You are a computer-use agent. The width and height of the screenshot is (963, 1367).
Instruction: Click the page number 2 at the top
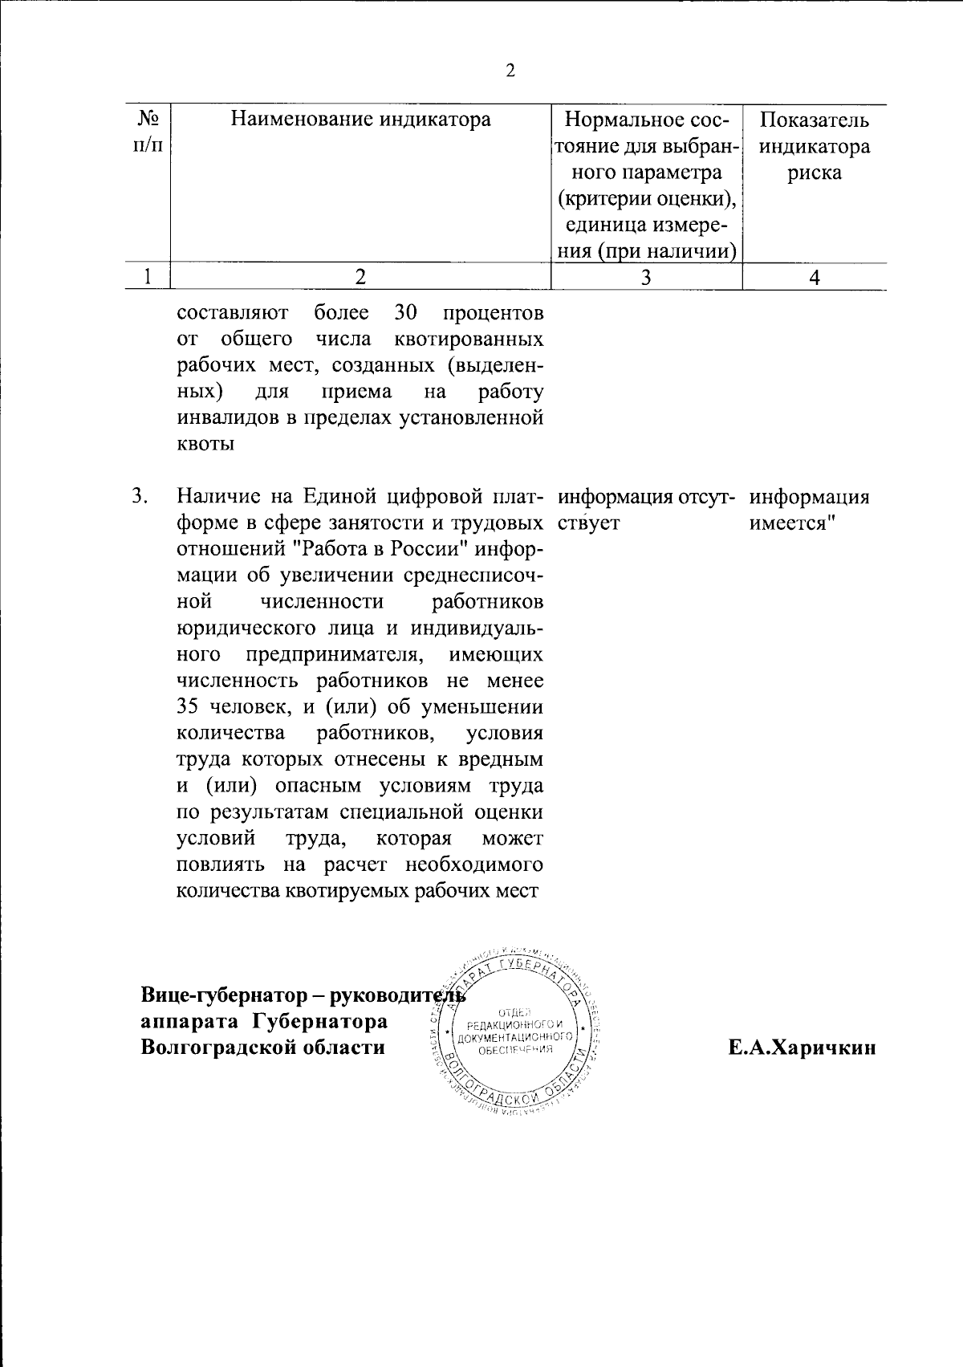point(510,71)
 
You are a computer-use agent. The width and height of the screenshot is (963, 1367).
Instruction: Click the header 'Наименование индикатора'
point(360,120)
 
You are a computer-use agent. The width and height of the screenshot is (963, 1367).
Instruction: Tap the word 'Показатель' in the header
point(815,120)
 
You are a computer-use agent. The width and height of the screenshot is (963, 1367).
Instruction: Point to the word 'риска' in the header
point(814,173)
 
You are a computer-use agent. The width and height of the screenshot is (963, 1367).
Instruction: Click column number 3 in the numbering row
point(646,278)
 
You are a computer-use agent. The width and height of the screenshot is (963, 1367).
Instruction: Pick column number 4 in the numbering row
point(815,278)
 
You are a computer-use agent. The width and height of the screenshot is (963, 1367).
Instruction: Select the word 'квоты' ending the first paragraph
point(205,444)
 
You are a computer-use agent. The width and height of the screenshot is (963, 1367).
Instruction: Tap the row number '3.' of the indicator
point(140,497)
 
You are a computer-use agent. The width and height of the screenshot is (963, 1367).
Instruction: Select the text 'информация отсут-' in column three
point(647,497)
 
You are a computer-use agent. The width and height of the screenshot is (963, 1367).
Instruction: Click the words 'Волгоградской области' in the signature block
point(262,1048)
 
